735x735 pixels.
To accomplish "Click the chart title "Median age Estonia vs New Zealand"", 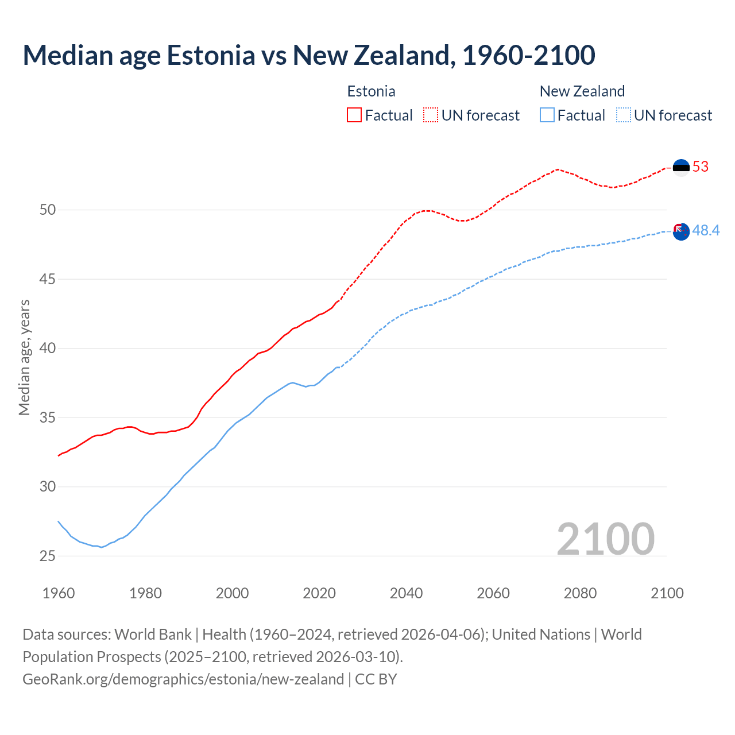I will (x=309, y=55).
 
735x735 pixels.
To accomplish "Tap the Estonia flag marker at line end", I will (x=681, y=168).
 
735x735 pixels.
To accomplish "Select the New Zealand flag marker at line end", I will (x=681, y=231).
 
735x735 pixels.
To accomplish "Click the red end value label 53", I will (x=701, y=167).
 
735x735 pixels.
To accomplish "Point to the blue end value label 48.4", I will (x=706, y=231).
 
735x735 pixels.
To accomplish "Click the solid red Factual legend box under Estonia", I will (x=354, y=115).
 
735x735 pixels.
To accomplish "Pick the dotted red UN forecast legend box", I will (x=431, y=115).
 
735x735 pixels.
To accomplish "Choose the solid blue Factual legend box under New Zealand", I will (x=547, y=115).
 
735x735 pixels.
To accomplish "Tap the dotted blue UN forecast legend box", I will (x=623, y=115).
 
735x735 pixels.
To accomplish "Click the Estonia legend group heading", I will (x=371, y=91).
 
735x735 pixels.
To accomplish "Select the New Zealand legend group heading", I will (x=582, y=91).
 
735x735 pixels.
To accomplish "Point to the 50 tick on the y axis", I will (x=48, y=210).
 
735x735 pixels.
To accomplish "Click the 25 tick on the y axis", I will (x=48, y=556).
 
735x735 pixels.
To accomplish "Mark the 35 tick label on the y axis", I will (x=48, y=417).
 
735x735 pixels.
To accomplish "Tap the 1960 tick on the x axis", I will (x=59, y=593).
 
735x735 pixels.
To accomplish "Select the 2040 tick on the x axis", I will (x=406, y=593).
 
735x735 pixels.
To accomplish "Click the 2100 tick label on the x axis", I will (x=667, y=593).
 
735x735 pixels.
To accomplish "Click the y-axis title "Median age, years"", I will (x=24, y=357).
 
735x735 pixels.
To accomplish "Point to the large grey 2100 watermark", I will (x=605, y=539).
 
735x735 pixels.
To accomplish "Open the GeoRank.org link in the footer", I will (x=183, y=679).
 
